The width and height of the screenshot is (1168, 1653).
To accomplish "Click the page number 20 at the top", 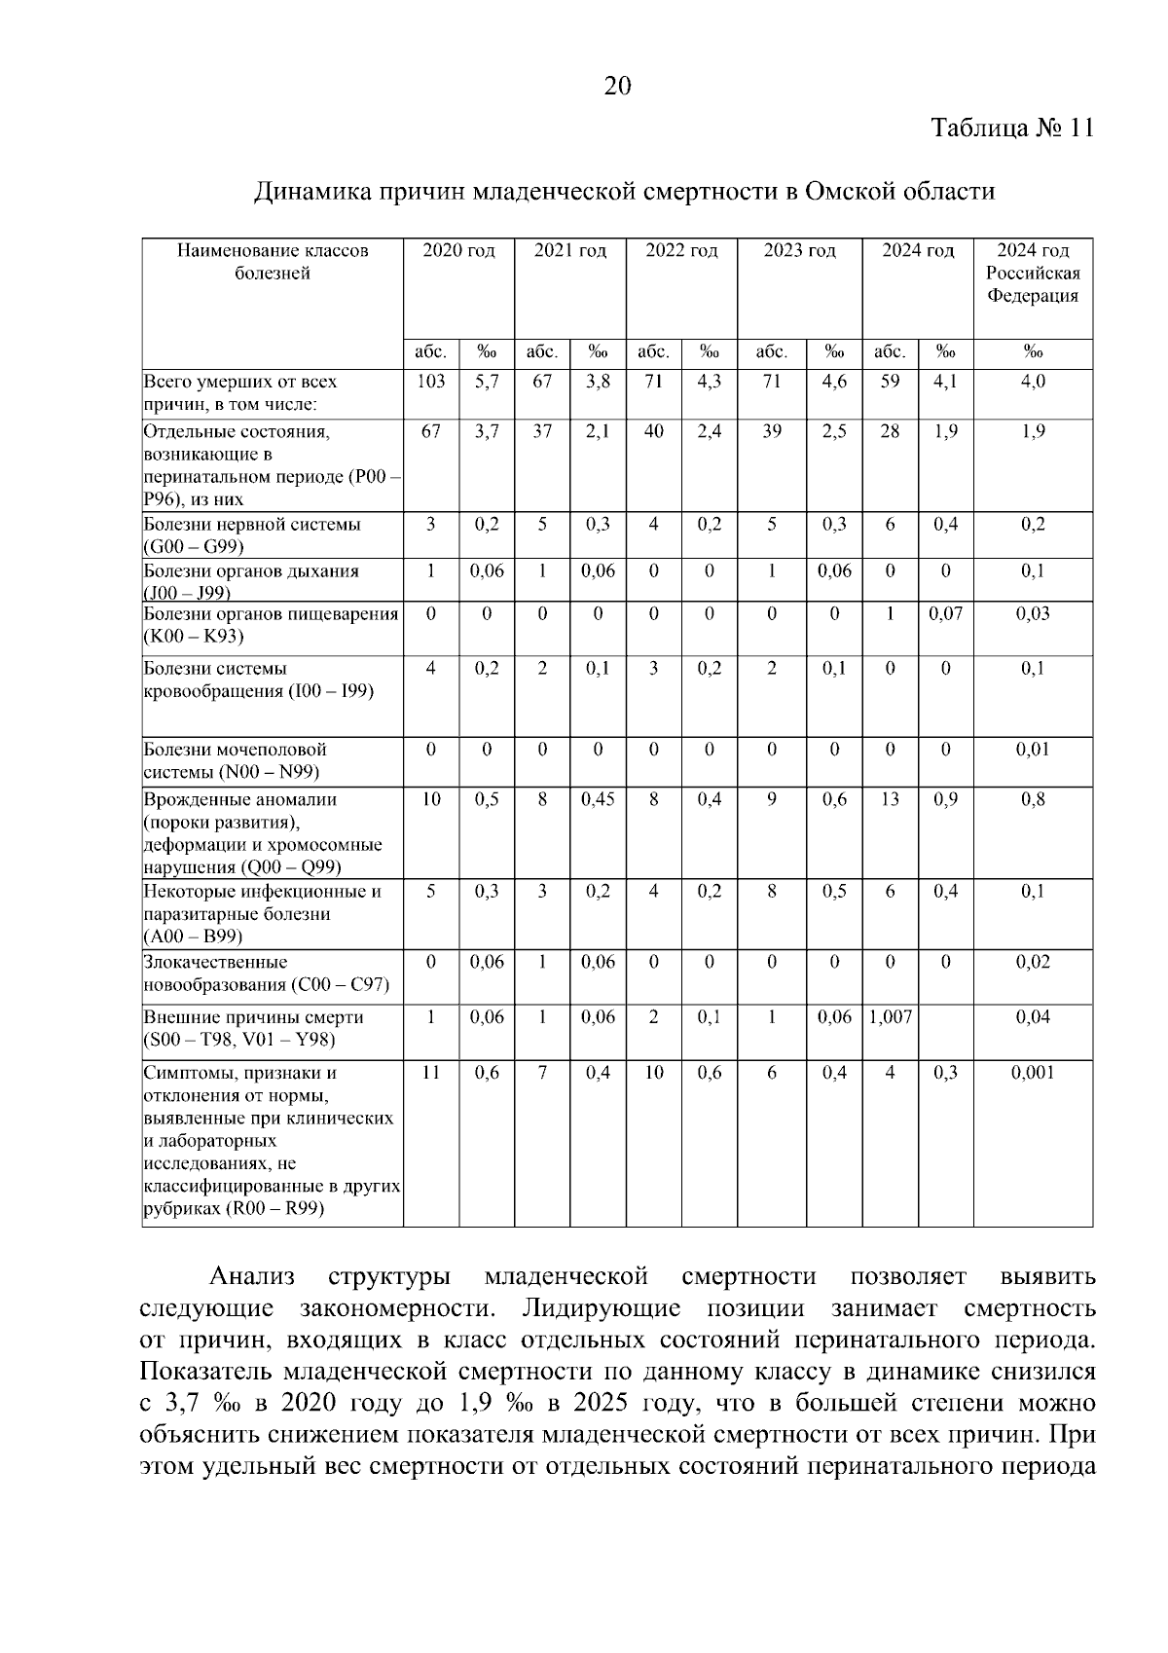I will (618, 87).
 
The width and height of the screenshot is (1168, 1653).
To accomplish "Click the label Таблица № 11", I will (1012, 129).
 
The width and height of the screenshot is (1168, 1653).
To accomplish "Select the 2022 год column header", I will (681, 251).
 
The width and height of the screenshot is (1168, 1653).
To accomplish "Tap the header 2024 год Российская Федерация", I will (1033, 274).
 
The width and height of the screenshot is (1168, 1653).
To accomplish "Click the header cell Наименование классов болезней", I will (273, 262).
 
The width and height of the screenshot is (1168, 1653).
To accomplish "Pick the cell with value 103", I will (430, 382).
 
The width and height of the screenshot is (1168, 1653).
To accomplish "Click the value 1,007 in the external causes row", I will (890, 1017).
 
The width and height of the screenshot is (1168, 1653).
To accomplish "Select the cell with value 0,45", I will (598, 799).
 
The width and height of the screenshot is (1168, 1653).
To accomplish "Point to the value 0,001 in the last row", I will (1033, 1073).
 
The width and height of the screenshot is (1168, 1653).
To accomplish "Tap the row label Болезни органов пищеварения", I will (271, 625).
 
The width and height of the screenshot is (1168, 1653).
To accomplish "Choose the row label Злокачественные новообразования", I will (266, 973).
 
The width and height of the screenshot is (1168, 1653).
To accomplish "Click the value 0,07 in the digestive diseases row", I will (945, 614).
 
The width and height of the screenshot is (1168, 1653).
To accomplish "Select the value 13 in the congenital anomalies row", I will (890, 799).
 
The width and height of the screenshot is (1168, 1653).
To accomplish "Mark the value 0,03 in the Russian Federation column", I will (1033, 614).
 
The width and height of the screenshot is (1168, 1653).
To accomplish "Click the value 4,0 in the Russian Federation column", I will (1033, 382).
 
